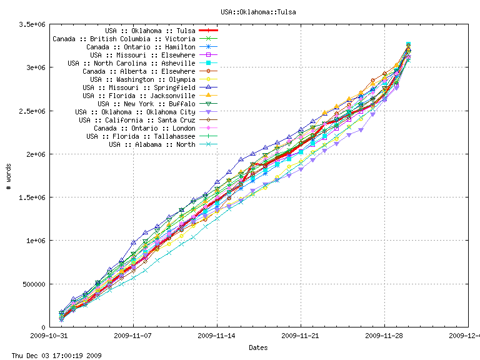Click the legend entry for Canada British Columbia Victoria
point(124,39)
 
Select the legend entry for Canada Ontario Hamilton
point(141,47)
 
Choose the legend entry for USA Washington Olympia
point(142,79)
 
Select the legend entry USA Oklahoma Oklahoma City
point(134,112)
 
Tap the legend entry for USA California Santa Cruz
point(137,120)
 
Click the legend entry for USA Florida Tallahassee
point(141,136)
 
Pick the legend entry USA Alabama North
point(152,144)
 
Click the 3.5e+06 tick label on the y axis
point(34,24)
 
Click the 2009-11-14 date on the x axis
point(217,336)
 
